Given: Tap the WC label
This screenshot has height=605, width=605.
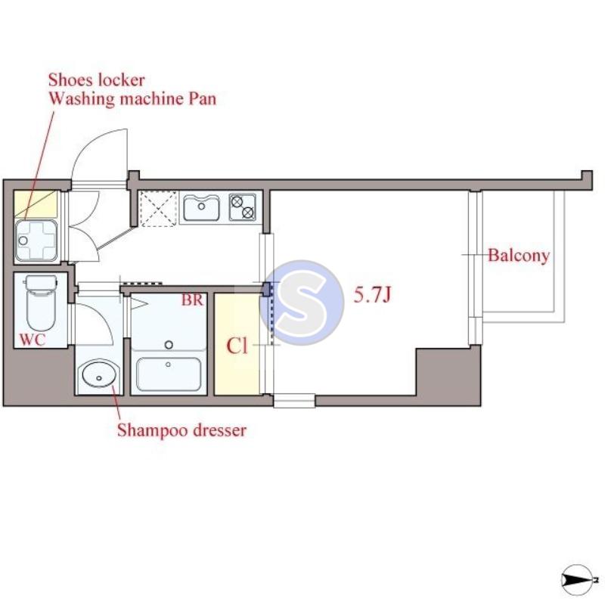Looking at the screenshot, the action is click(x=33, y=340).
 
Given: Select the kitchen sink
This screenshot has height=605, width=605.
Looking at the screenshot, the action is click(x=201, y=207).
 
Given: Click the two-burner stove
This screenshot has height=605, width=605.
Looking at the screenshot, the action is click(x=243, y=206).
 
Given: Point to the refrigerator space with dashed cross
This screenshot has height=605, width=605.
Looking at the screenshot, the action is click(x=158, y=209).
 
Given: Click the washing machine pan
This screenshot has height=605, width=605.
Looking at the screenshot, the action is click(x=36, y=240).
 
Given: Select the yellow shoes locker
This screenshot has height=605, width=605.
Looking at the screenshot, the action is click(x=36, y=204).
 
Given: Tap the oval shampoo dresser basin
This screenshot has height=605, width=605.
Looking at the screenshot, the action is click(x=99, y=374).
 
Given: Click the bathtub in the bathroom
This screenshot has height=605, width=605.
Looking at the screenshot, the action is click(x=169, y=374).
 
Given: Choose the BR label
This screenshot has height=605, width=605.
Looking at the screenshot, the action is click(x=192, y=300).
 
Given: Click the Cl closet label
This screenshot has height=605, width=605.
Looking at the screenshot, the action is click(x=237, y=346).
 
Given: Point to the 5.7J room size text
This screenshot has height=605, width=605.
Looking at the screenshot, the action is click(x=372, y=295).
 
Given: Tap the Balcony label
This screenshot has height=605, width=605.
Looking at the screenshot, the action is click(x=519, y=256).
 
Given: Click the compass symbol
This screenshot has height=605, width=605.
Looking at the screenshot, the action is click(x=577, y=579).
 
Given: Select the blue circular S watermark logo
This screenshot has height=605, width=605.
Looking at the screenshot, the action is click(x=302, y=302).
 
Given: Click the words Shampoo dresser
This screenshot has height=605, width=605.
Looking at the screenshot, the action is click(x=181, y=430).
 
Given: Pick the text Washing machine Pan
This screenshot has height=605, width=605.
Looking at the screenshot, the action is click(x=132, y=99).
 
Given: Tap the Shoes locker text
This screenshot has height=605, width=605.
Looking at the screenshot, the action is click(x=97, y=80).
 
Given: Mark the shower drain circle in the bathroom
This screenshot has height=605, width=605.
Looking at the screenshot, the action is click(x=169, y=345).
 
